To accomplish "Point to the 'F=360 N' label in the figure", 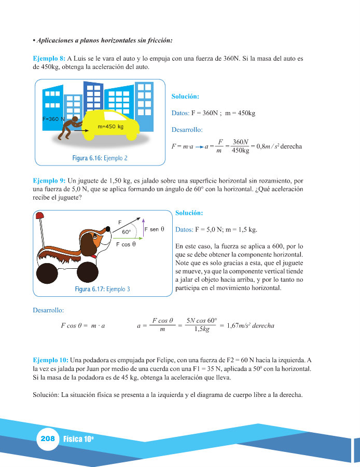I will click(x=53, y=119).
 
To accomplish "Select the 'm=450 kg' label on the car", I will click(x=110, y=127).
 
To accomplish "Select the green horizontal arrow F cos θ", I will click(x=124, y=237).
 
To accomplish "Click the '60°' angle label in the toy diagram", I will click(x=126, y=232).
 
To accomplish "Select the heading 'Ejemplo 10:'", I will click(x=50, y=360).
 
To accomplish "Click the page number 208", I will click(x=47, y=439).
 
